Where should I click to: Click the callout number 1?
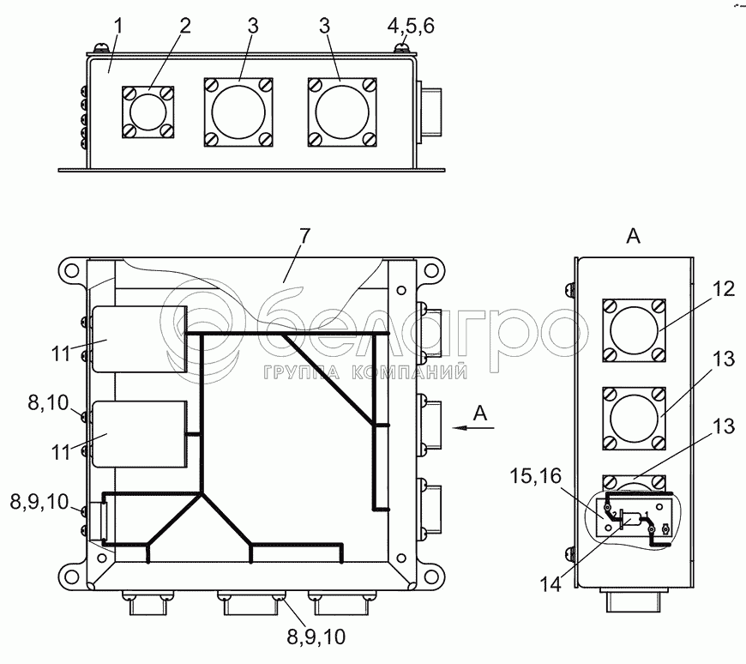[x=119, y=27]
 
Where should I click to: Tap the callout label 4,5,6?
[x=411, y=27]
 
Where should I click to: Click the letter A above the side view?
[x=633, y=238]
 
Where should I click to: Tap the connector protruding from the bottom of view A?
[x=633, y=601]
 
